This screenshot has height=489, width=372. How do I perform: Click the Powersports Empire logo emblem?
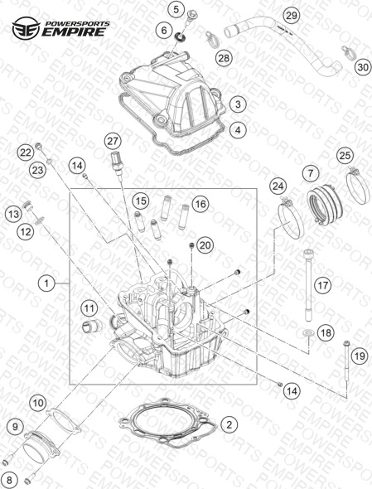26,28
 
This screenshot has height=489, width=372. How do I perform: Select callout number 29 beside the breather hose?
292,16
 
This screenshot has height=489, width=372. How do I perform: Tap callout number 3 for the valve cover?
238,104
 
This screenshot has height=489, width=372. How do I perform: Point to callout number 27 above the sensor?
113,141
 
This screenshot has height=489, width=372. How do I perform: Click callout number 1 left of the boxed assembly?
46,283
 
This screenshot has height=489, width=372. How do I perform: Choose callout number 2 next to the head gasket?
229,424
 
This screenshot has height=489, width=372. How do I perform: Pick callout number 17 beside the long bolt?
323,285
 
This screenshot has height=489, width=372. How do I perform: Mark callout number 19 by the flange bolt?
360,356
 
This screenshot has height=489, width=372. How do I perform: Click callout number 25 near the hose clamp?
345,155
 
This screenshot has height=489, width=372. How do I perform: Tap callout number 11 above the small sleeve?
89,309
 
